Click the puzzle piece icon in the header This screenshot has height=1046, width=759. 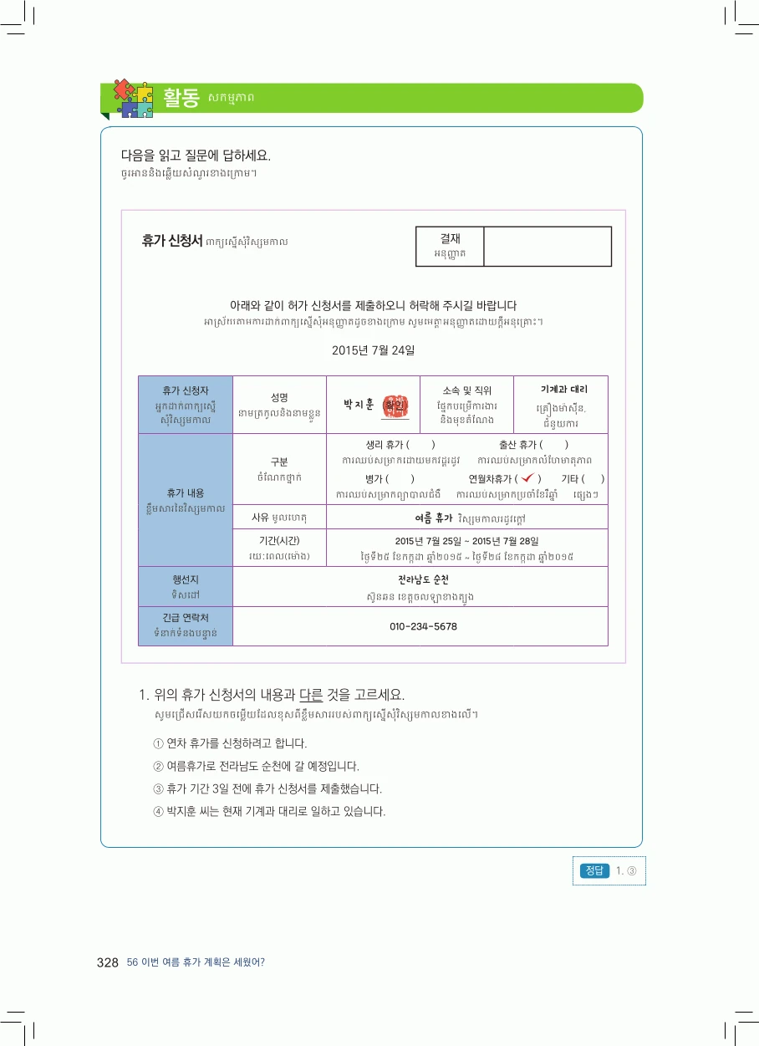(134, 98)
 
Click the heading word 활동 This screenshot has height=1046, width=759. (181, 97)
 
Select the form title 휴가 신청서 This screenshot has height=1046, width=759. (172, 241)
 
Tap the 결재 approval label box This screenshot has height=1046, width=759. (450, 246)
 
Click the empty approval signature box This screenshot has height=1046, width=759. (548, 246)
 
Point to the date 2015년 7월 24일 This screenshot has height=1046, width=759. (373, 350)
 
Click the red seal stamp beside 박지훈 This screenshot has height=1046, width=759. (395, 406)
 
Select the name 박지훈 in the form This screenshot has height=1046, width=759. (359, 404)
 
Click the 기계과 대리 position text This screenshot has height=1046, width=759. (564, 389)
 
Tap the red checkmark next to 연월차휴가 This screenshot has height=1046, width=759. (528, 477)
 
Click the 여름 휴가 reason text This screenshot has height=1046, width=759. (434, 518)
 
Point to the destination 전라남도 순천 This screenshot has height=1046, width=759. (423, 579)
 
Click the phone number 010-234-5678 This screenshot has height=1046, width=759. (423, 626)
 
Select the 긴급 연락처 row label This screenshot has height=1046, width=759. (186, 618)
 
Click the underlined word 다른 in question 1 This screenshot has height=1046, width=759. (311, 695)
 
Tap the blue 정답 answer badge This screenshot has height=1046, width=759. (594, 870)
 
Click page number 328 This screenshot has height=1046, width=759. (107, 962)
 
